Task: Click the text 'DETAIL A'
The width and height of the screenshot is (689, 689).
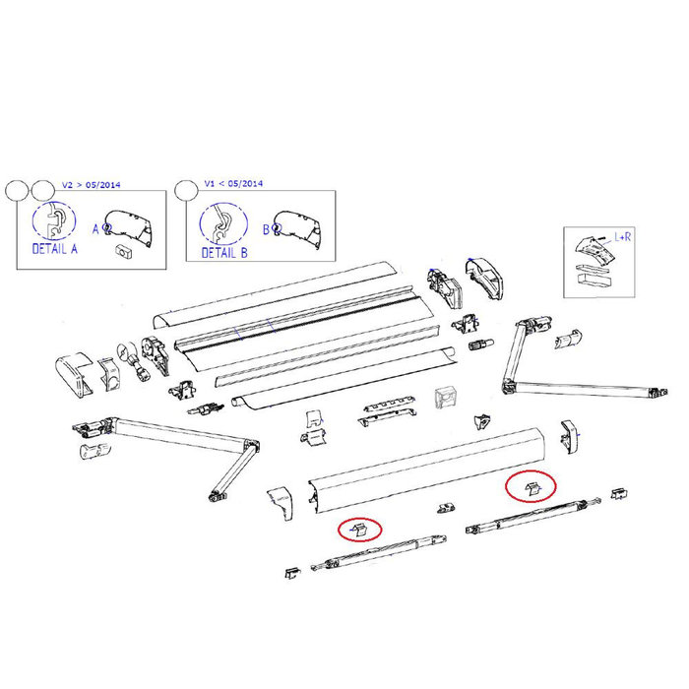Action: (56, 250)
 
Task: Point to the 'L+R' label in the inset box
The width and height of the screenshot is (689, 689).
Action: (622, 238)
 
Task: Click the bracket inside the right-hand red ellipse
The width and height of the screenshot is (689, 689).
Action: (532, 486)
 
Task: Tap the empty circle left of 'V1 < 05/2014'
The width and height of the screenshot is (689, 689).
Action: (185, 189)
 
